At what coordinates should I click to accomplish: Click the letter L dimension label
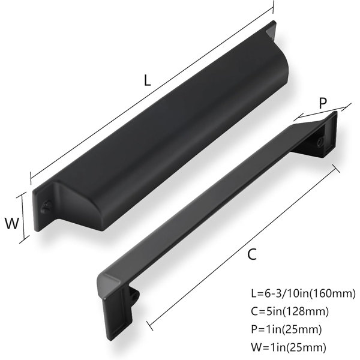point(147,80)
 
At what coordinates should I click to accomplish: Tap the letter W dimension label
point(12,223)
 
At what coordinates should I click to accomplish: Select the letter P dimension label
point(323,103)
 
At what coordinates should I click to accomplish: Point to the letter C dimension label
point(252,254)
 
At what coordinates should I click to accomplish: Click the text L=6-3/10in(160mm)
point(303,293)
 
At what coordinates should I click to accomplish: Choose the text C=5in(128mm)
point(290,311)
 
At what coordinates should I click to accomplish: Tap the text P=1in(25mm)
point(286,329)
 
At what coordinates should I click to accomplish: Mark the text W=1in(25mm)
point(289,347)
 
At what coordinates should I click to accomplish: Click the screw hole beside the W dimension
point(46,206)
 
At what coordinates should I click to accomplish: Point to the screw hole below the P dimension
point(320,142)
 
